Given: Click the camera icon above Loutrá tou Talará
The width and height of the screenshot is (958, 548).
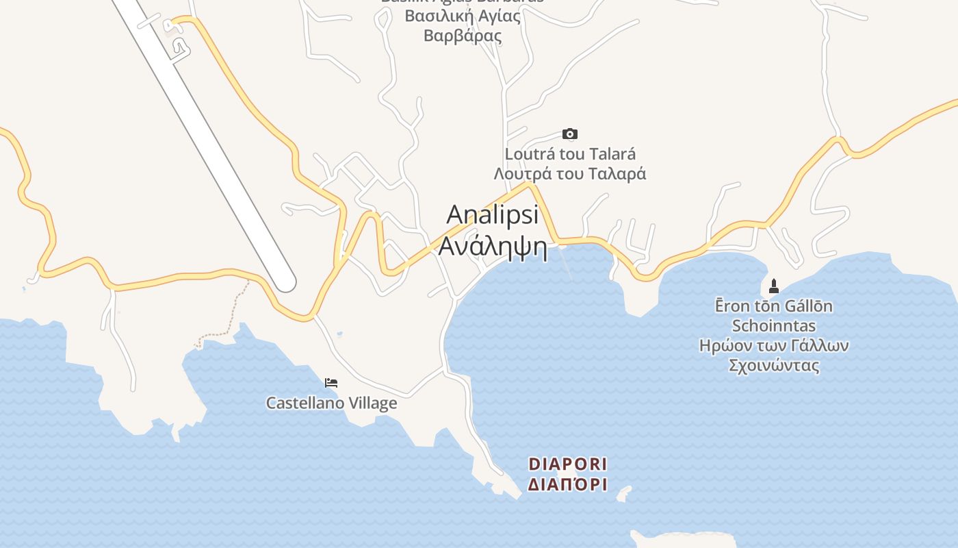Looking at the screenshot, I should click(569, 134).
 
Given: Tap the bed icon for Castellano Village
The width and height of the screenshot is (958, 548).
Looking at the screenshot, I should click(331, 383).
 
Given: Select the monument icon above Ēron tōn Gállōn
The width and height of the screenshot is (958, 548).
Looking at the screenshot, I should click(774, 286).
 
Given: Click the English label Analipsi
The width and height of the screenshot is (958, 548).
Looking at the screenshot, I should click(493, 214).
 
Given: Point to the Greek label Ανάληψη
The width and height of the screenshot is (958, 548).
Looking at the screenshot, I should click(493, 246).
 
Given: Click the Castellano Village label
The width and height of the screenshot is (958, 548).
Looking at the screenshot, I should click(331, 403).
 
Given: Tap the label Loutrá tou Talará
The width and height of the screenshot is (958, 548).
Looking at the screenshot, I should click(570, 154).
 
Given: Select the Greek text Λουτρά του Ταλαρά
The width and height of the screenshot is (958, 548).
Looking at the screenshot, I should click(570, 174).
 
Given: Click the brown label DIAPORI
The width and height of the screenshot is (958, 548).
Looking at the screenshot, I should click(568, 464).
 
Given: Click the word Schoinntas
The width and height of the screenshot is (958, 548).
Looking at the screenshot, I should click(774, 326).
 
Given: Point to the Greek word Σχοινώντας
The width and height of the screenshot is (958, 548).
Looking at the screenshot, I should click(774, 365).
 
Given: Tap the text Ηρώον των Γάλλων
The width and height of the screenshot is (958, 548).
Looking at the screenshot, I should click(774, 345).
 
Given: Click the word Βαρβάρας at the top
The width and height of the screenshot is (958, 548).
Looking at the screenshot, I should click(463, 36).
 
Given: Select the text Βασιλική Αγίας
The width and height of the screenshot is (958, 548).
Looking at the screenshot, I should click(463, 16).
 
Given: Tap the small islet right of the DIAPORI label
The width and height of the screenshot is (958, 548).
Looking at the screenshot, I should click(623, 493).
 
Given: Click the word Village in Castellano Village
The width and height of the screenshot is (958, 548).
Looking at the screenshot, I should click(373, 403).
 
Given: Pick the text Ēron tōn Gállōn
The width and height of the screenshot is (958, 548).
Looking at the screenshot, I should click(774, 306).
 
